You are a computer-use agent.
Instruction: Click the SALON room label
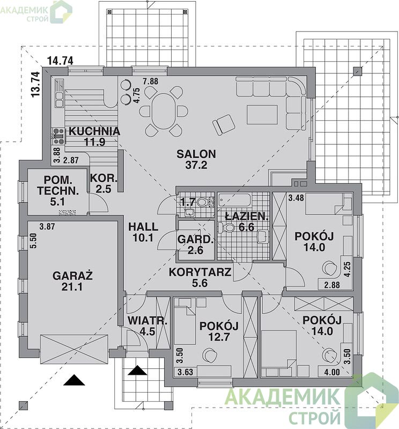pos(196,154)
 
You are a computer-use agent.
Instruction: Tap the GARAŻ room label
pos(72,275)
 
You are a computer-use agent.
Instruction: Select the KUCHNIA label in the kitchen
pos(94,131)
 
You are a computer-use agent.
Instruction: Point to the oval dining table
pos(164,112)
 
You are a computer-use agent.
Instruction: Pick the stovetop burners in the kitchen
pos(58,136)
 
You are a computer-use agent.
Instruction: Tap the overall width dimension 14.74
pos(60,61)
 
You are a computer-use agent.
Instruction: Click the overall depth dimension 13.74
pos(35,84)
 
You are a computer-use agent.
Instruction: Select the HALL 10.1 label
pos(143,232)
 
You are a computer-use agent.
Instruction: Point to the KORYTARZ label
pos(200,272)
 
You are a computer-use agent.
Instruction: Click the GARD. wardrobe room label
pos(195,239)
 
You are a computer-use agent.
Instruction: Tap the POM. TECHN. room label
pos(58,186)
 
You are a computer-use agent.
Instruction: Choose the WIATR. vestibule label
pos(147,321)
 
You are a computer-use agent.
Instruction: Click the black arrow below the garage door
pos(74,380)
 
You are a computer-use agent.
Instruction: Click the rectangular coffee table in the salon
pos(262,115)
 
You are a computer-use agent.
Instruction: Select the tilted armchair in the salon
pos(224,124)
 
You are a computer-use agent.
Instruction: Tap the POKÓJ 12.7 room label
pos(219,331)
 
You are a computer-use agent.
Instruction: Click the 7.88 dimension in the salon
pos(151,82)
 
